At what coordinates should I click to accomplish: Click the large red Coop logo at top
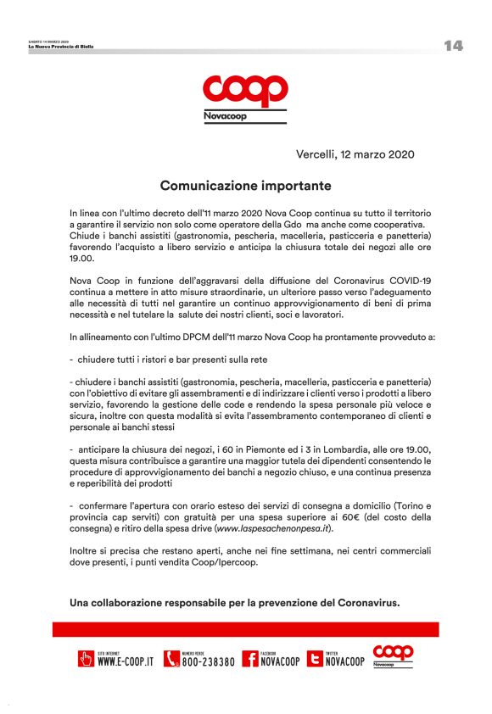(x=245, y=90)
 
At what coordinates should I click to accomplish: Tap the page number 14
(x=453, y=46)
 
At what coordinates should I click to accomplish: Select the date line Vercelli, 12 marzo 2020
(x=355, y=154)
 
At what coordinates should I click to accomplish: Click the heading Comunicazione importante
(x=245, y=184)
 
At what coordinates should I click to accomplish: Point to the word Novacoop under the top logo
(x=226, y=115)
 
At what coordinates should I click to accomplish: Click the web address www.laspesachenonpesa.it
(x=272, y=528)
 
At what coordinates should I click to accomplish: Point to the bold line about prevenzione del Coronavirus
(x=234, y=603)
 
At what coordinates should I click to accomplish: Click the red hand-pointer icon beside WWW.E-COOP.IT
(x=86, y=659)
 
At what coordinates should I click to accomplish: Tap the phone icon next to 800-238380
(x=171, y=659)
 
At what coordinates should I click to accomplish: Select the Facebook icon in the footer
(x=250, y=659)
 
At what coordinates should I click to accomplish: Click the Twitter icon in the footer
(x=316, y=659)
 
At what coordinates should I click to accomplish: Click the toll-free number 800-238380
(x=209, y=662)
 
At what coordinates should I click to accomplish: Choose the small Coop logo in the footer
(x=393, y=655)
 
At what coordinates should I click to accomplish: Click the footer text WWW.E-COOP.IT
(x=126, y=662)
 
